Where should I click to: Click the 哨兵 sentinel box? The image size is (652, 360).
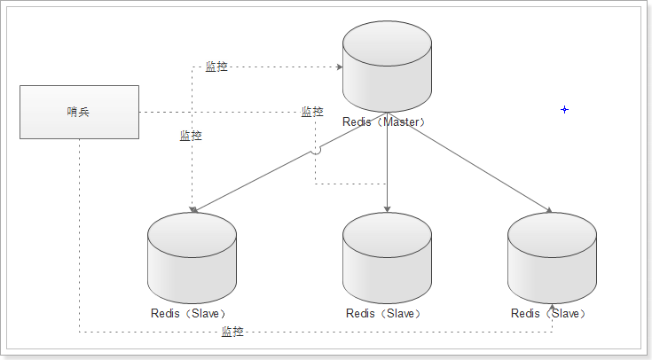[79, 112]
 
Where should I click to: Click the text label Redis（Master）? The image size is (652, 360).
[385, 121]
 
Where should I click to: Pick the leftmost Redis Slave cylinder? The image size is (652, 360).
[192, 258]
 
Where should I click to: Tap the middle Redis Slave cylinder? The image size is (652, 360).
[387, 258]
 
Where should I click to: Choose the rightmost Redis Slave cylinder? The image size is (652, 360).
[552, 258]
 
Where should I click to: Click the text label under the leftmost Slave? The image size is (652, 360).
[190, 313]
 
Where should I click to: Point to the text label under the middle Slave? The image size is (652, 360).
[383, 313]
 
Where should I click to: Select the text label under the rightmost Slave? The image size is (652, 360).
[549, 313]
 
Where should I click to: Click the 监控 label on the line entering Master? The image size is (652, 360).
[216, 67]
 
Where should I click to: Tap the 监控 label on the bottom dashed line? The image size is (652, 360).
[232, 332]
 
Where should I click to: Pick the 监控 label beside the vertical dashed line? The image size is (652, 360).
[191, 136]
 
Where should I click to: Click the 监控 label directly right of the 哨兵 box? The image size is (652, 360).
[312, 112]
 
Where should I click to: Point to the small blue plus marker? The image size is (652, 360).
[564, 109]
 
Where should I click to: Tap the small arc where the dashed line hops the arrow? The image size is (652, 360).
[316, 153]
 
